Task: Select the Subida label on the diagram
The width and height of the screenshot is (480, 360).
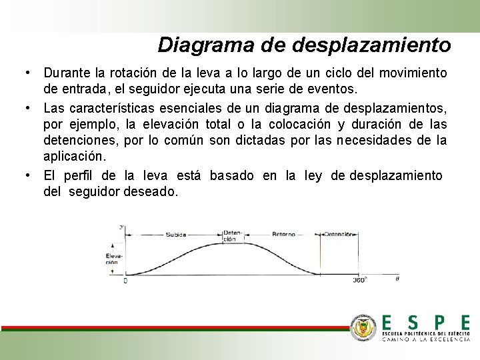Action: tap(176, 235)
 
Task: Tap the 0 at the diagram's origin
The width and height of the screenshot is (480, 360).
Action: tap(125, 281)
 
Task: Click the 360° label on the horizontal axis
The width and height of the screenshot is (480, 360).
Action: tap(359, 281)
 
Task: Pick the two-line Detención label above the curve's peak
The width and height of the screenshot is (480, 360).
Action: tap(230, 235)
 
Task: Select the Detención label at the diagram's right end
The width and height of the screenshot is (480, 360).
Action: tap(340, 235)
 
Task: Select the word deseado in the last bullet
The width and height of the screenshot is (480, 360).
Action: tap(157, 191)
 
